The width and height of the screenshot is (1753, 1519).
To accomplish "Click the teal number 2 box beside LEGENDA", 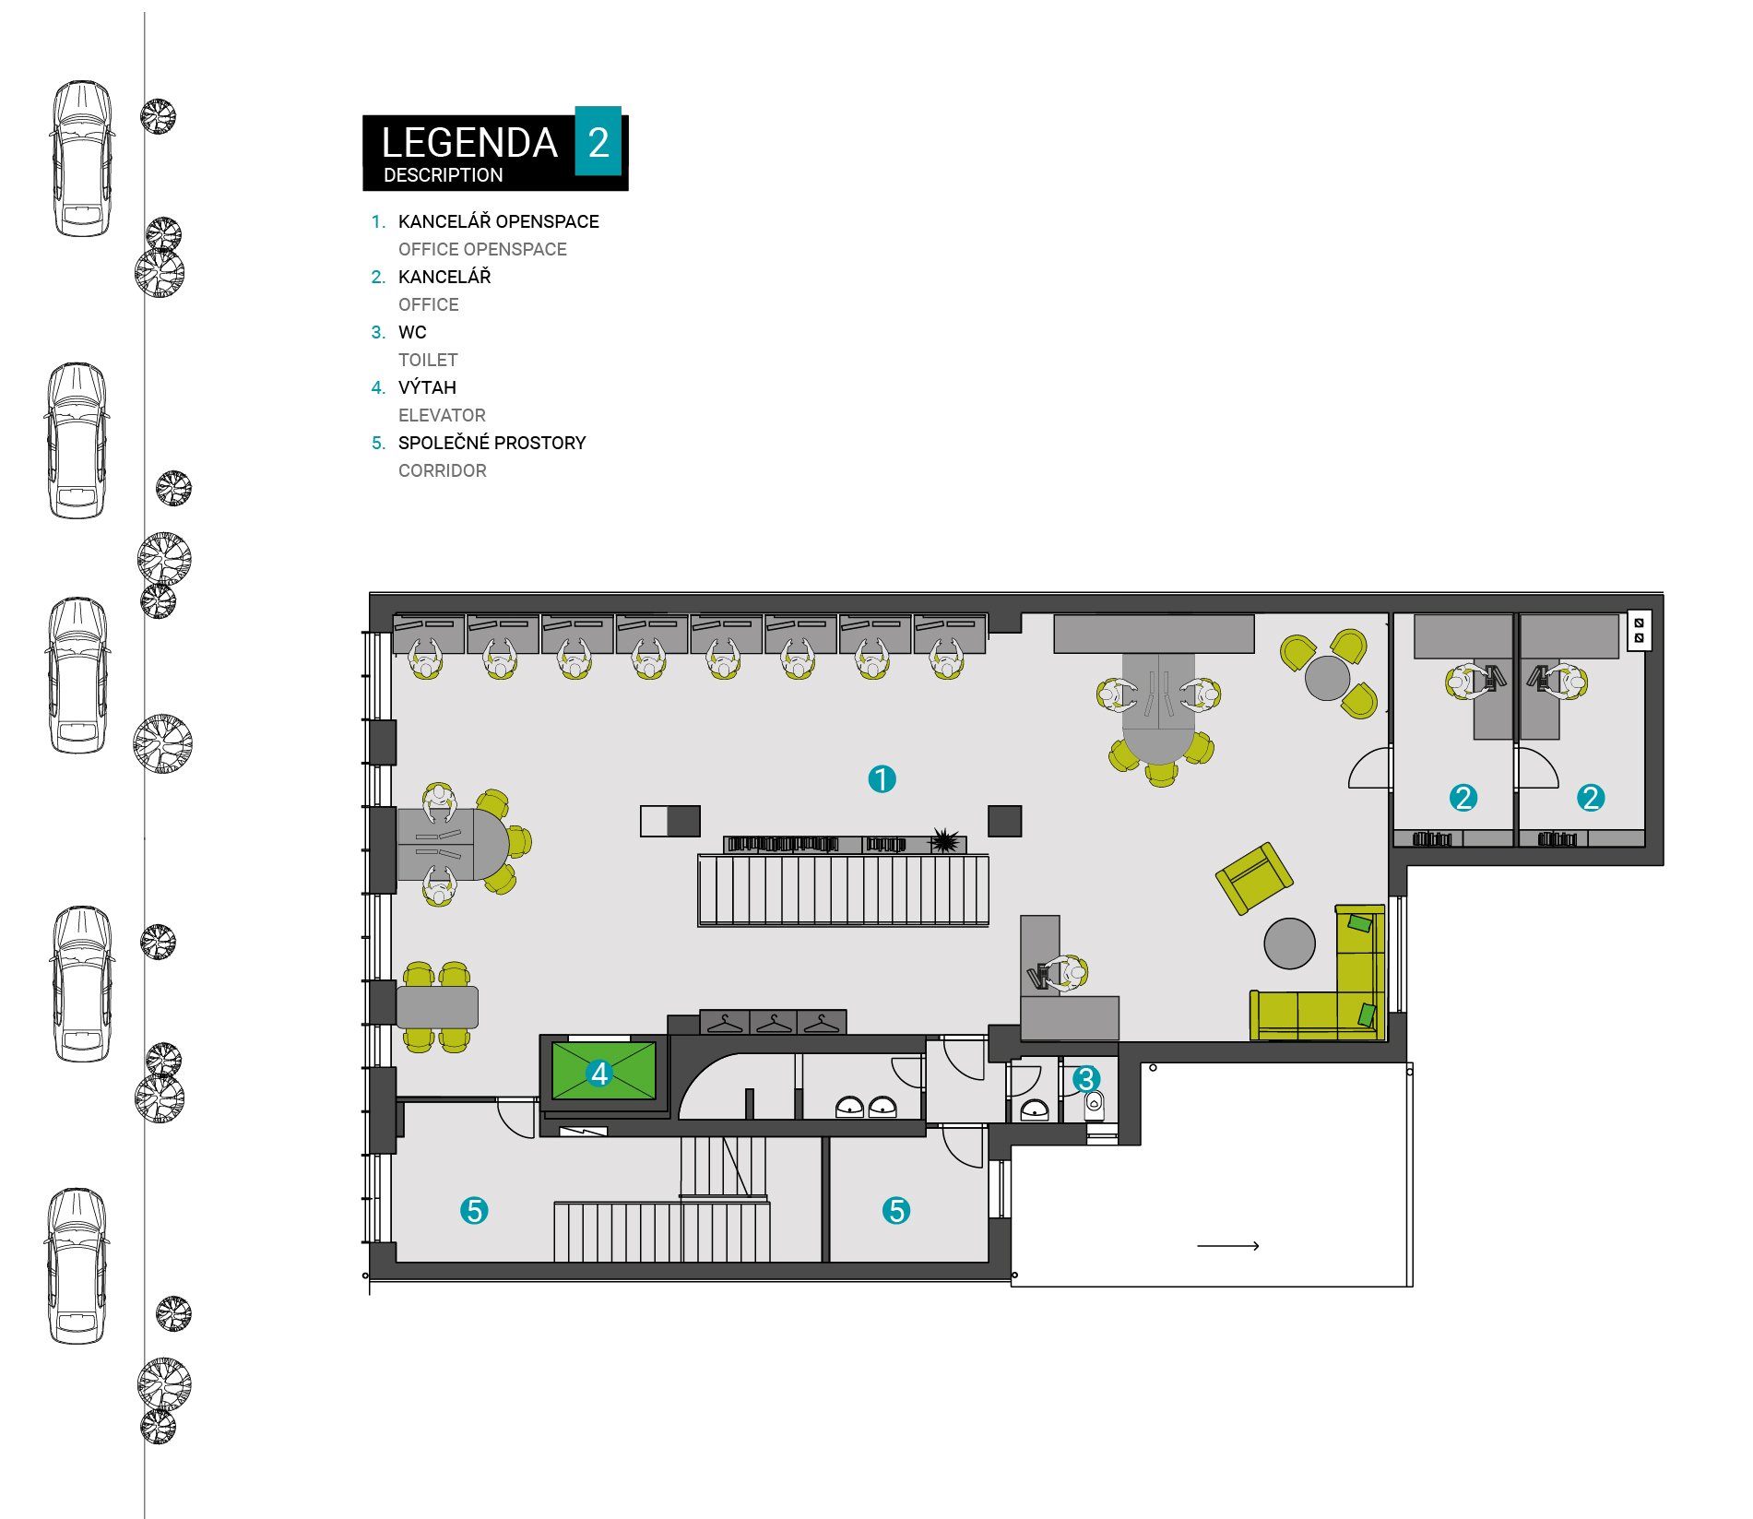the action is (x=598, y=141).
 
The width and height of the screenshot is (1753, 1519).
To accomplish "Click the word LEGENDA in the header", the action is (x=469, y=143).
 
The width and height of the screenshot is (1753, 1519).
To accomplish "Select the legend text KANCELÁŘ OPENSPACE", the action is (x=499, y=221).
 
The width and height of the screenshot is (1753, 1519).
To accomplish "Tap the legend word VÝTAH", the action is (x=427, y=387).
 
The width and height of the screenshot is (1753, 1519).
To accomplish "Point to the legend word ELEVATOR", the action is (x=442, y=415).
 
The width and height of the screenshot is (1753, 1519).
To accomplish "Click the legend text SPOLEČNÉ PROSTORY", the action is (x=492, y=443).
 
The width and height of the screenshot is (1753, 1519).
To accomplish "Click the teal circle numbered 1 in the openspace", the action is (x=882, y=779).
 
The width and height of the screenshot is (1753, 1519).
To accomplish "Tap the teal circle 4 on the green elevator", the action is (x=599, y=1073).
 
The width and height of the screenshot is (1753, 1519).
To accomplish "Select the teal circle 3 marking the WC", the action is (x=1085, y=1078).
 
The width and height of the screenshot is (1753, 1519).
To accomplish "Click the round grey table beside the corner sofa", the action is (x=1289, y=943).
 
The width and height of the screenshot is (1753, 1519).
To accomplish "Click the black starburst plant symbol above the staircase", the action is (x=944, y=841).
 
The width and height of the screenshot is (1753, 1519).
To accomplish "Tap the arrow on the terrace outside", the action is (x=1228, y=1246).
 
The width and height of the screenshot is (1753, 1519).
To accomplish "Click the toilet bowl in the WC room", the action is (x=1095, y=1103).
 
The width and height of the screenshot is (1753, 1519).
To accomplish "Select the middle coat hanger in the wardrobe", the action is (x=774, y=1024).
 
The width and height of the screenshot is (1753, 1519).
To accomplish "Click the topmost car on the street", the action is (x=82, y=159).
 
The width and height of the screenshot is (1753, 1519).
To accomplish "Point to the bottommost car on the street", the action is (x=77, y=1265).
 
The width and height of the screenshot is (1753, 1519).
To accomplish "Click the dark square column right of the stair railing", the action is (x=1005, y=821).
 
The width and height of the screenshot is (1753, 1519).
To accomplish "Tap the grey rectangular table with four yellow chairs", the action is (x=437, y=1007).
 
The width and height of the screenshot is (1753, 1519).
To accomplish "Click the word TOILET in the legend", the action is (x=428, y=360).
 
